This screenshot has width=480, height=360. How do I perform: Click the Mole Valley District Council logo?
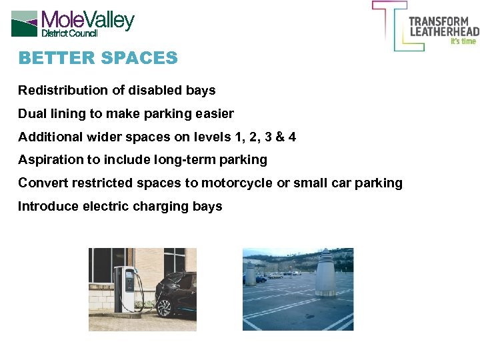[73, 23]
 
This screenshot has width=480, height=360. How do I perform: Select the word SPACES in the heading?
[139, 58]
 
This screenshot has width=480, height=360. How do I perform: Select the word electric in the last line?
[105, 206]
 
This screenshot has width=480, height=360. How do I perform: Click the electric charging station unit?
[125, 288]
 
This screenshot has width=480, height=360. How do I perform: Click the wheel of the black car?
[164, 307]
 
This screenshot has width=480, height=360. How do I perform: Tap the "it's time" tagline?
[463, 41]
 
